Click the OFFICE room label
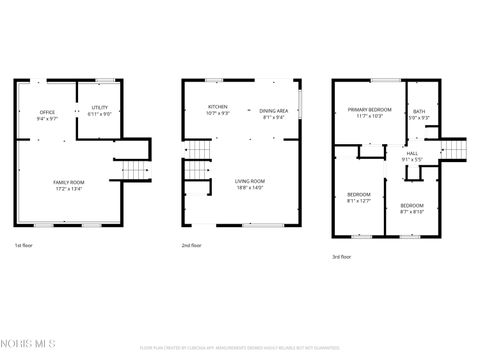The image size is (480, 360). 47,113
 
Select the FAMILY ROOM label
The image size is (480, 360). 69,180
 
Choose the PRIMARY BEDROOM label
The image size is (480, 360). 368,111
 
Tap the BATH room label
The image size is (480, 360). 419,113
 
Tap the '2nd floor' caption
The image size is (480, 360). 191,246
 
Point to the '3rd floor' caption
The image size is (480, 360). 342,257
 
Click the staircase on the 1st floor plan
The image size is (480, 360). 134,168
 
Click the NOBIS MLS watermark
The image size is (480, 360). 30,346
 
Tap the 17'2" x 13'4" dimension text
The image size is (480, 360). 69,187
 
